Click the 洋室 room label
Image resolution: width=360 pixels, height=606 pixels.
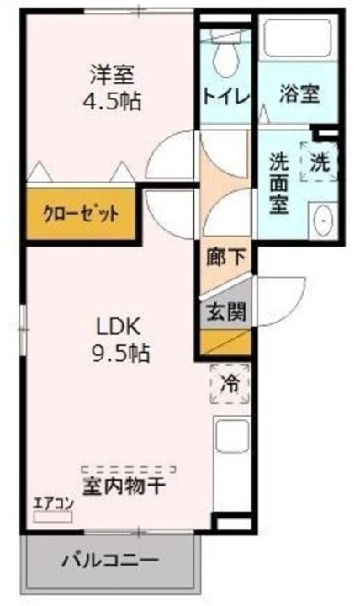point(111,74)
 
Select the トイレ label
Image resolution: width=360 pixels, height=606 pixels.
point(225,95)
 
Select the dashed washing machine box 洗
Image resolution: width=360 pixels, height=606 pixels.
point(320,162)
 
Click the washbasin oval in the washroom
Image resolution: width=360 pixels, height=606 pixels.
point(322,221)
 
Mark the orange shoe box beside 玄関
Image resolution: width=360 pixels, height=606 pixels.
point(225,343)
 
